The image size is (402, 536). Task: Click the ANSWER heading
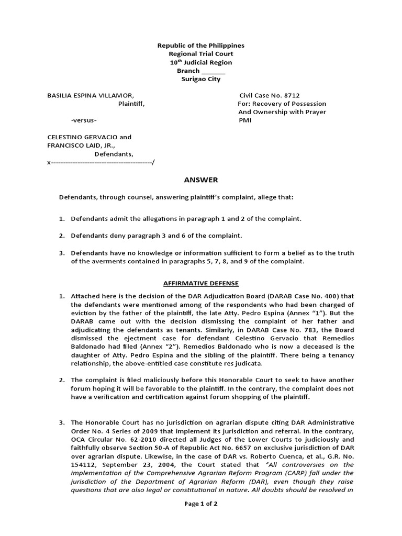tap(200, 180)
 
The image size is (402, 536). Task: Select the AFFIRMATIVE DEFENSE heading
tap(200, 283)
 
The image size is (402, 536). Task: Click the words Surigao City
tap(200, 79)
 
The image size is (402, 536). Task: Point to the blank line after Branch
tap(213, 71)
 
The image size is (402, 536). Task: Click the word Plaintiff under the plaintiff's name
tap(131, 104)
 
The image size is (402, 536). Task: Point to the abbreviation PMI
tap(244, 120)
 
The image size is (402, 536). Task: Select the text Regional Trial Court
tap(200, 54)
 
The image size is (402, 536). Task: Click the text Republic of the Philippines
tap(200, 46)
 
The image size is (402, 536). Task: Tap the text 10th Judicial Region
tap(200, 62)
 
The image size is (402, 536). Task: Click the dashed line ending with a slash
tap(101, 163)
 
